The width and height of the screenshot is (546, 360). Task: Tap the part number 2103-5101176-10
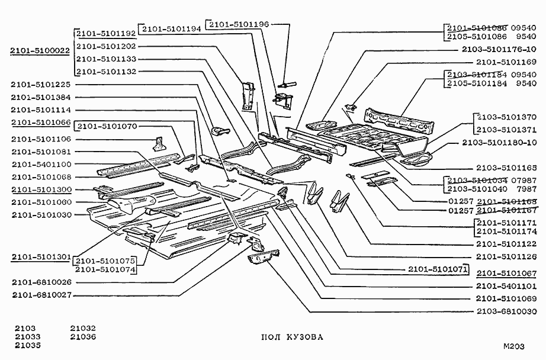(x=501, y=50)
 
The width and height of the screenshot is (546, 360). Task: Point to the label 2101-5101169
(x=506, y=62)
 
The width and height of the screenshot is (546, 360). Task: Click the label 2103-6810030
(x=506, y=312)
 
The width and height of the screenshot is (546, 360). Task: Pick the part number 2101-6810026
(x=41, y=282)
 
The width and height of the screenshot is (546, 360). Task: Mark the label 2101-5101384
(x=41, y=97)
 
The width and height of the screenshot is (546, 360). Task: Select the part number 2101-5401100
(x=41, y=164)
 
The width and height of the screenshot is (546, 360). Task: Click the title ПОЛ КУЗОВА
(x=293, y=337)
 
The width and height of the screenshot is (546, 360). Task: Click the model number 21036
(x=83, y=337)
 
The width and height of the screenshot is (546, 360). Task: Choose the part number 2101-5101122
(x=506, y=244)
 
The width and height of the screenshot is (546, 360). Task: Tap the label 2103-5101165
(x=506, y=168)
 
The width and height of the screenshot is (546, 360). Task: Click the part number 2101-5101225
(x=41, y=85)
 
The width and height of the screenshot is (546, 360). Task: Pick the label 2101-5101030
(x=41, y=214)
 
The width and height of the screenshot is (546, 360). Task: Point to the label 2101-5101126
(x=506, y=257)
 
